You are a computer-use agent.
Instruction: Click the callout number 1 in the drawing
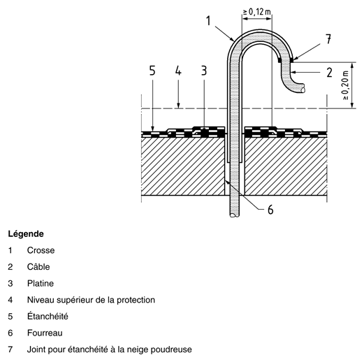208,20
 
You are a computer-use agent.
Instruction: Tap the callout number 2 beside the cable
329,73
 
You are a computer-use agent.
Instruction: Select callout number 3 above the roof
204,71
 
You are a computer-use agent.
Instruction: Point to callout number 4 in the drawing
178,71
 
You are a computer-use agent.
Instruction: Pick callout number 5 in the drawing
152,71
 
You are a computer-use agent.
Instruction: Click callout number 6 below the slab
270,210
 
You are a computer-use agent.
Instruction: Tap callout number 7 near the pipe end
328,39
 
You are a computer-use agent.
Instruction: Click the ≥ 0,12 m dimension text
257,11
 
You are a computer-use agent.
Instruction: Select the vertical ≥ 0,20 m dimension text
346,85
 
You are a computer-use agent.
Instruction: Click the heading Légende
26,233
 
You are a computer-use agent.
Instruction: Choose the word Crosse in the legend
41,250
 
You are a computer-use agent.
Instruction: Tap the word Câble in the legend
38,266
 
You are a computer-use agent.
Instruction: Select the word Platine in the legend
41,283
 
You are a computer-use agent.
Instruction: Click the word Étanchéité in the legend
48,316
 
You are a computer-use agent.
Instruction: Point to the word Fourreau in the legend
45,333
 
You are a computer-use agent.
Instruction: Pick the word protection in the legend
136,300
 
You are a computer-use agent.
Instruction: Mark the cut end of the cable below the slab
235,215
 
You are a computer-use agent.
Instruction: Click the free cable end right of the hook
303,89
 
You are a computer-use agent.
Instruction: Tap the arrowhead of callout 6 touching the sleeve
226,181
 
